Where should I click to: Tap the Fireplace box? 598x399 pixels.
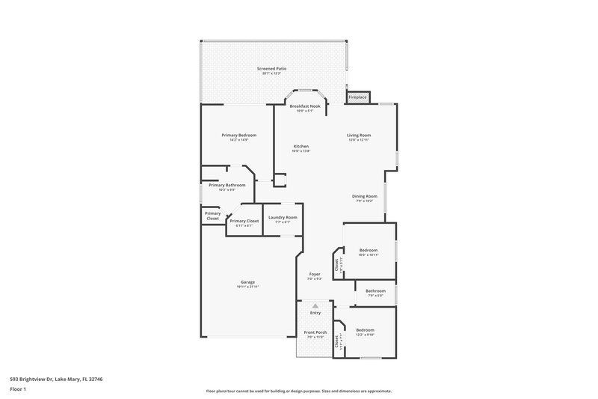(357, 97)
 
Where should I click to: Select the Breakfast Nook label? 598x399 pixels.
(305, 106)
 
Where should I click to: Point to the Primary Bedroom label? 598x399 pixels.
(238, 135)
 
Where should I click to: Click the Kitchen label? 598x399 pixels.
(300, 146)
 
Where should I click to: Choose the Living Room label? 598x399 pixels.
(359, 135)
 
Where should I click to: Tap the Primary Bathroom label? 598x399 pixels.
(226, 185)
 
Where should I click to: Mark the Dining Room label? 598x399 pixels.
(365, 196)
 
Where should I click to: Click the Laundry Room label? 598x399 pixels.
(282, 217)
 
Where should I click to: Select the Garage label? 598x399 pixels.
(247, 281)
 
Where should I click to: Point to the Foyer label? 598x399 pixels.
(315, 274)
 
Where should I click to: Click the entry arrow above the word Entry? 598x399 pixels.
(315, 305)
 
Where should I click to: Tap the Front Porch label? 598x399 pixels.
(315, 332)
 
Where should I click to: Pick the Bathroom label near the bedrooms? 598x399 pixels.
(375, 290)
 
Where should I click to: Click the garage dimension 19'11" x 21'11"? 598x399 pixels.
(247, 286)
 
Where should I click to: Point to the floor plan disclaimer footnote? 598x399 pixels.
(298, 391)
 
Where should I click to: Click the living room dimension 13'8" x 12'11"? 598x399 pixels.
(359, 140)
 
